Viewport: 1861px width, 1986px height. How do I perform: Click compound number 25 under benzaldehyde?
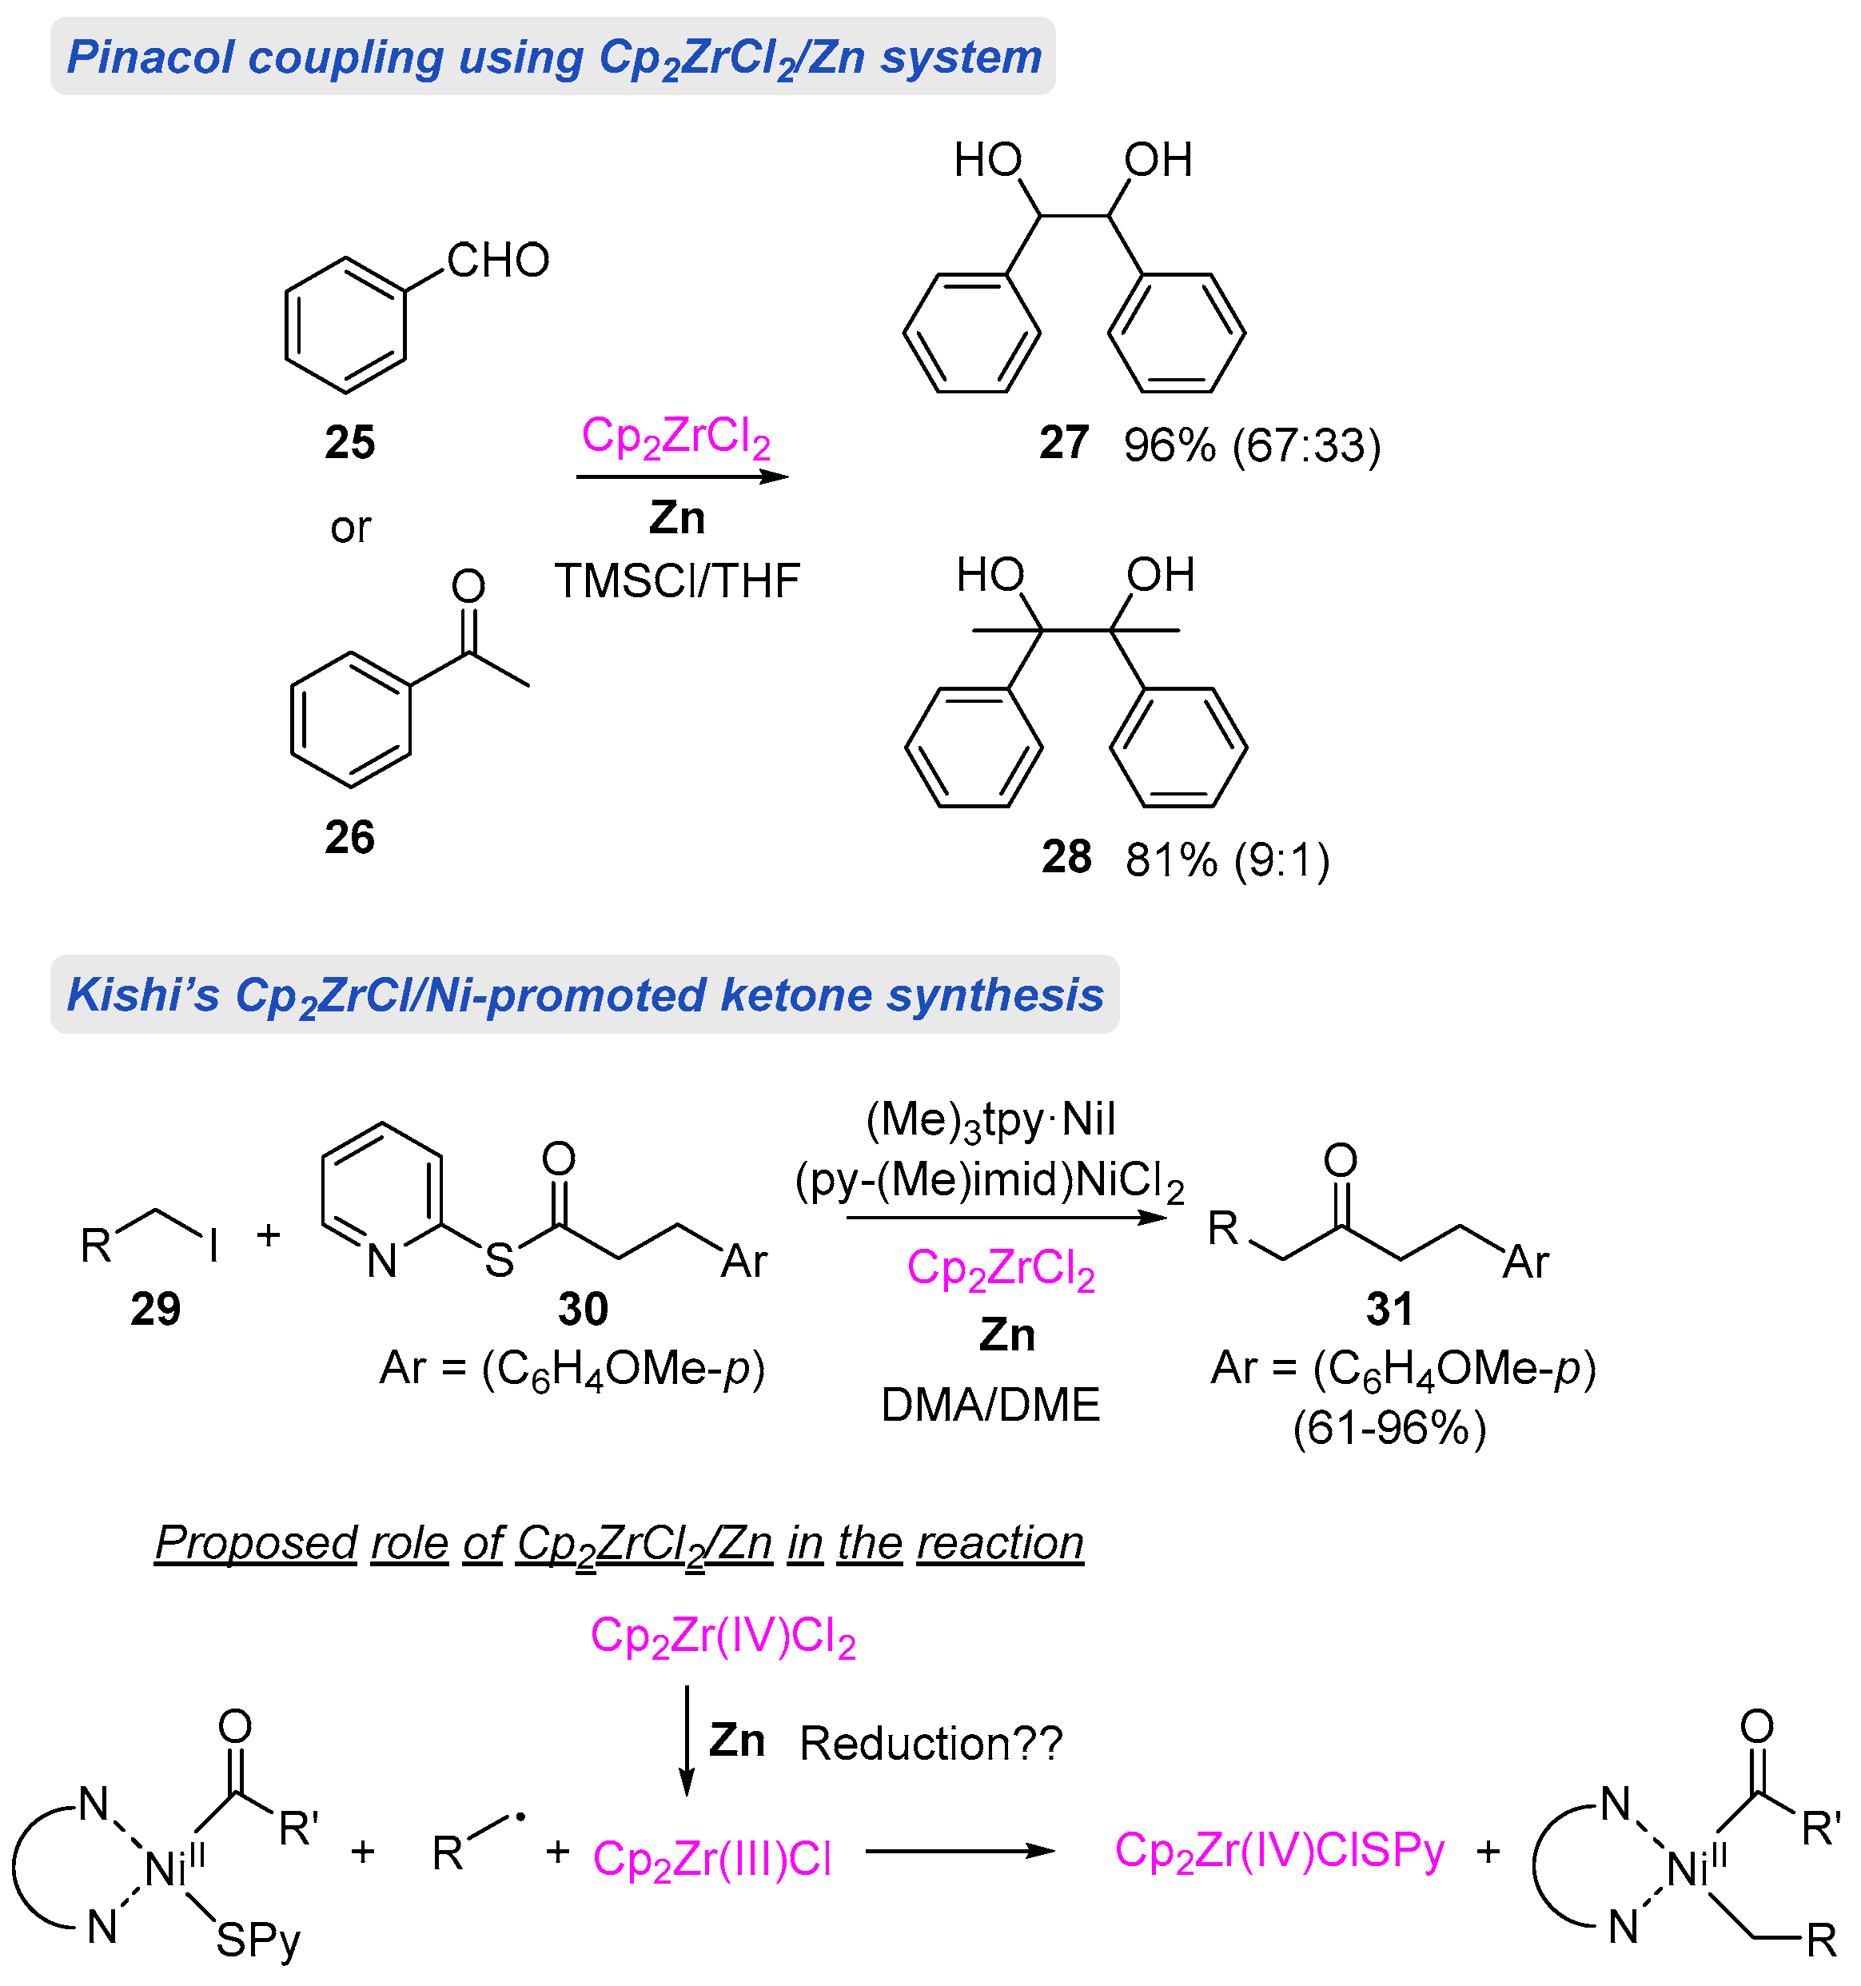[349, 441]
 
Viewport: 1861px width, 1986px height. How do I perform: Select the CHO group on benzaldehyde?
[497, 261]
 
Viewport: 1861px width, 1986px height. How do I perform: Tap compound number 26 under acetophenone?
[349, 836]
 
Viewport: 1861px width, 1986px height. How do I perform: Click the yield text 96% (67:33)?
[1252, 445]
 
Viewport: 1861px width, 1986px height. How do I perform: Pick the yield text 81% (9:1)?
[1227, 859]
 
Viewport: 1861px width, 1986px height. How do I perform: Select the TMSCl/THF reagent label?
[677, 580]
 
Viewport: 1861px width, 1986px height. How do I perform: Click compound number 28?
[1066, 857]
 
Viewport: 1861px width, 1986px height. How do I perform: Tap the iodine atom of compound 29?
[213, 1246]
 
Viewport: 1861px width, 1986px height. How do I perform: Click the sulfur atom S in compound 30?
[499, 1260]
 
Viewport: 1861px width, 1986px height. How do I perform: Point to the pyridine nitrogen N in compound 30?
[381, 1261]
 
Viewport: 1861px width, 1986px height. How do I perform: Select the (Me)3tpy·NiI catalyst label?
[990, 1120]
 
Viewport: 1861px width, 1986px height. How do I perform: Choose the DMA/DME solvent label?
[990, 1405]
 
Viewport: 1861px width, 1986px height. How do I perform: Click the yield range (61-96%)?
[1389, 1429]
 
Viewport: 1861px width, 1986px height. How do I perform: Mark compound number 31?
[1389, 1309]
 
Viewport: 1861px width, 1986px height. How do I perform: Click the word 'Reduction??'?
[931, 1743]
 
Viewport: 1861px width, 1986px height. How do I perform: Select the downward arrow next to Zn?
[686, 1739]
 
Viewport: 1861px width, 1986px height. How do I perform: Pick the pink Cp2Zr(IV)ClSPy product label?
[1278, 1851]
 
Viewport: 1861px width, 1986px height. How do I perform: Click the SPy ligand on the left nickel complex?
[257, 1940]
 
